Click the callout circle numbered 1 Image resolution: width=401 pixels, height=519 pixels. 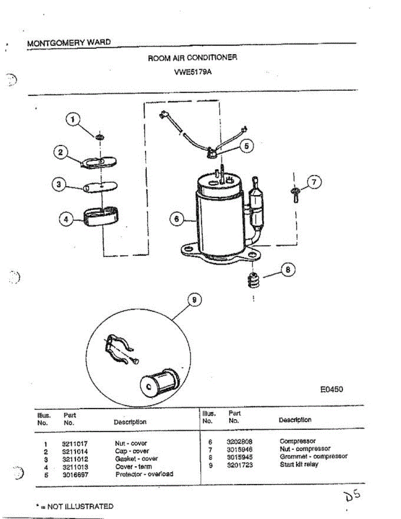[73, 119]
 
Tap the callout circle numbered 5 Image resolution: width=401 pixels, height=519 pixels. [246, 146]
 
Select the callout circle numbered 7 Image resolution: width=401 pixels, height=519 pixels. [314, 183]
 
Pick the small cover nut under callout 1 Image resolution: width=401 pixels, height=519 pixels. [100, 137]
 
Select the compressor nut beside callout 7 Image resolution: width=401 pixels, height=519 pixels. [295, 193]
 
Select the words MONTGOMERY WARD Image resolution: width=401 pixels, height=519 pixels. [69, 43]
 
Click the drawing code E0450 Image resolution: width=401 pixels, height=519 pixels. [332, 389]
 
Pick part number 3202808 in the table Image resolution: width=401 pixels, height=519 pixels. [240, 442]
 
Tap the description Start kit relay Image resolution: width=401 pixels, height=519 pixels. [299, 465]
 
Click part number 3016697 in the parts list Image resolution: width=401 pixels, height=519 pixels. [75, 474]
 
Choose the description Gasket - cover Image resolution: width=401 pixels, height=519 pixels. [136, 458]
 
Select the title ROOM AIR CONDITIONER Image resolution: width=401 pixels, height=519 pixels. [192, 58]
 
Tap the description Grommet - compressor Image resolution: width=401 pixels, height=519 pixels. [314, 457]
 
